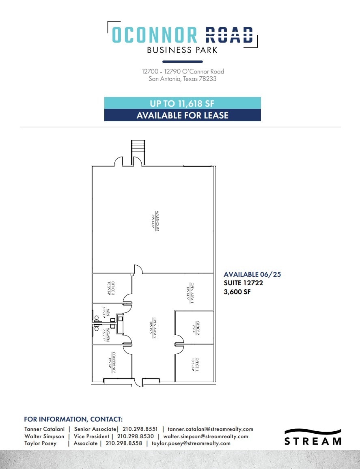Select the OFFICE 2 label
click(196, 327)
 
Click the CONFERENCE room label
click(112, 362)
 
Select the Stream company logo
click(313, 437)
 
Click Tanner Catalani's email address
click(210, 429)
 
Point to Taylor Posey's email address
click(191, 443)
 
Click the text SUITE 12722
click(243, 283)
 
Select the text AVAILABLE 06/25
click(252, 274)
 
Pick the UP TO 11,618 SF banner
click(182, 103)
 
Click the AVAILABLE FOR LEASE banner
click(182, 115)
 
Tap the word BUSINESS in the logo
click(164, 50)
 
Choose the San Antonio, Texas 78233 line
click(183, 79)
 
